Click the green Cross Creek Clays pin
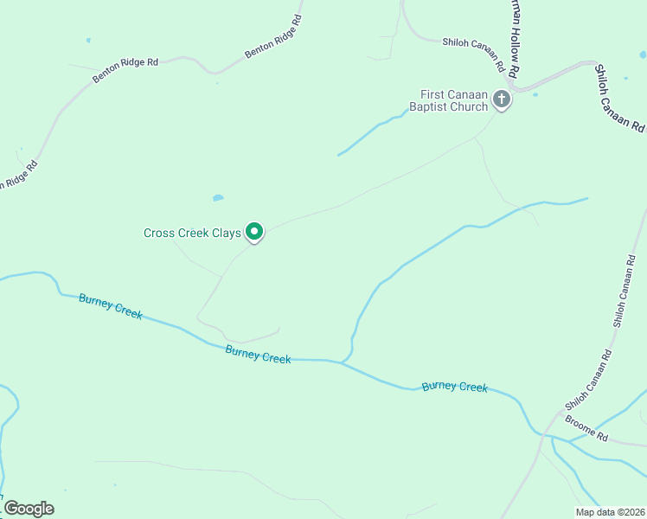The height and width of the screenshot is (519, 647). tap(254, 232)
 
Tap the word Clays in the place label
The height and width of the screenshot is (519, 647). tap(221, 233)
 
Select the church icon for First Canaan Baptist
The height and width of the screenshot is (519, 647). tap(501, 100)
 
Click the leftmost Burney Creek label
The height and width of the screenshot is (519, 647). tap(110, 305)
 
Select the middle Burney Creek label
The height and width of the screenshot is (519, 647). tap(258, 354)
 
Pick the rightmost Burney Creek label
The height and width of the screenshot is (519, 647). tap(454, 387)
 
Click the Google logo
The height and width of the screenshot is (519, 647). tap(29, 509)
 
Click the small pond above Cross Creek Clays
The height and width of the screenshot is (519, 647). tap(218, 198)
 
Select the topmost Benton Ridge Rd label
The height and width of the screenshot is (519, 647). tap(273, 36)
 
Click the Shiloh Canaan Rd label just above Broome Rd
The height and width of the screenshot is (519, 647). tap(589, 380)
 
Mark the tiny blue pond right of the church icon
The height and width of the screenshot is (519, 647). tap(535, 94)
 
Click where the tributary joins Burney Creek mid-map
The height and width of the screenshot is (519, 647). tap(342, 362)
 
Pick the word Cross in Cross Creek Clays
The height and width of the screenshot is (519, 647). tap(159, 233)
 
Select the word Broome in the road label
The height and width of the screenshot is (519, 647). tap(580, 425)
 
